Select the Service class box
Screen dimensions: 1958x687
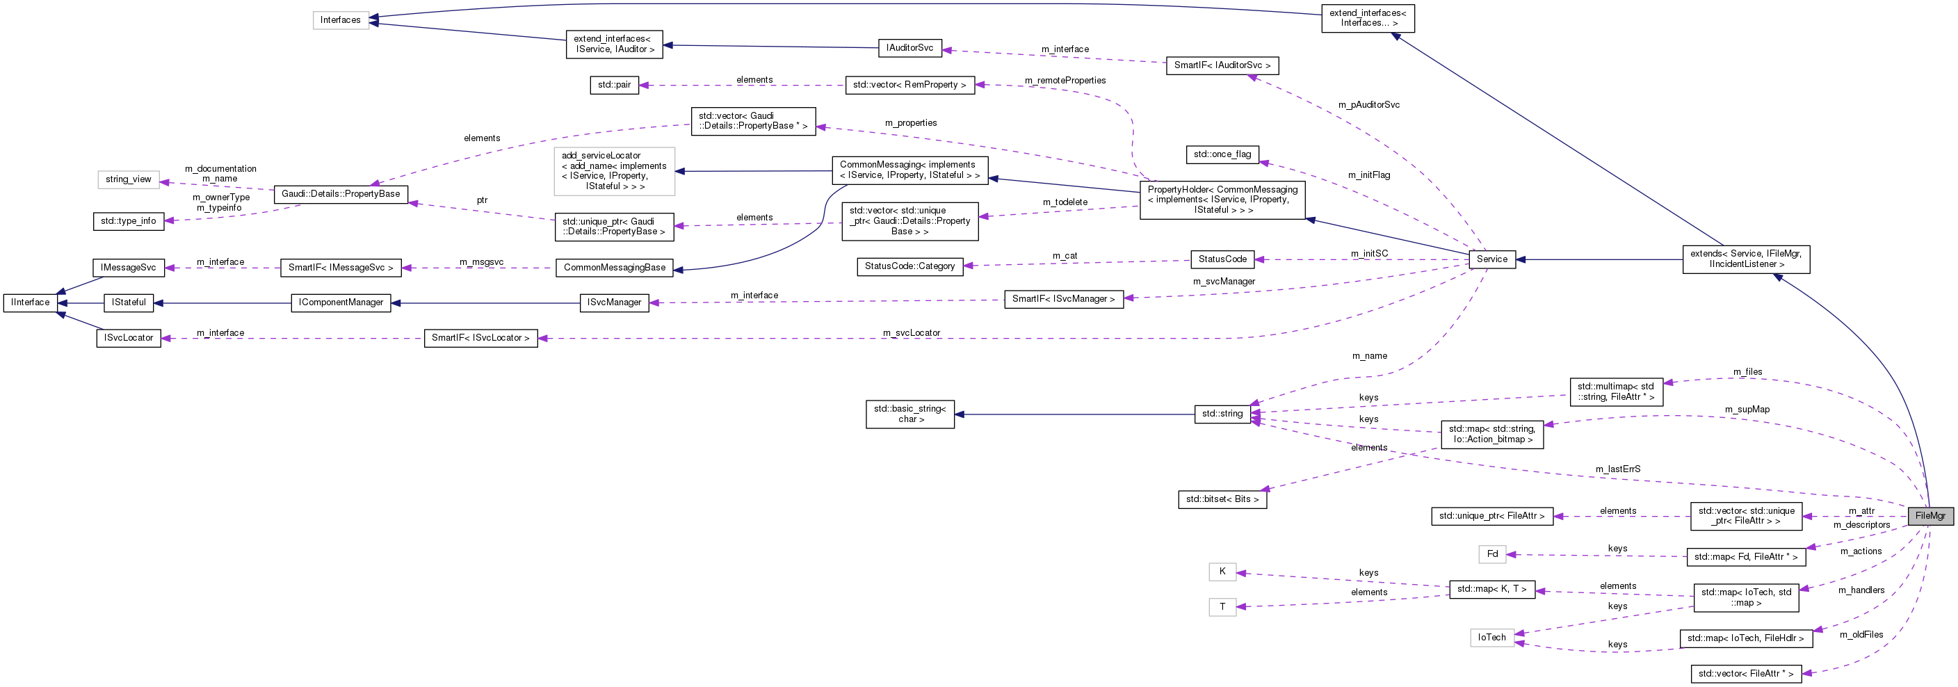coord(1491,259)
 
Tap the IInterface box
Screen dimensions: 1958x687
coord(31,302)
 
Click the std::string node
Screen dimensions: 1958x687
coord(1222,414)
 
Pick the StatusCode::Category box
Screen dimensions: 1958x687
coord(909,267)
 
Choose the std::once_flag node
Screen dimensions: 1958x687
coord(1222,154)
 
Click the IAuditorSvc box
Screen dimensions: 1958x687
coord(909,48)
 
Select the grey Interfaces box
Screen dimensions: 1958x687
coord(341,19)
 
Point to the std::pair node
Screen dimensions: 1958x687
coord(613,85)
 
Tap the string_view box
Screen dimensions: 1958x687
coord(129,179)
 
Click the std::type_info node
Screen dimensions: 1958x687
coord(129,221)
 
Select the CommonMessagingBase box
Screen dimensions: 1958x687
coord(614,268)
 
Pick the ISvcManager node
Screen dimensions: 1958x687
coord(614,302)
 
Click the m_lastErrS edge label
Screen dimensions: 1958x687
coord(1617,469)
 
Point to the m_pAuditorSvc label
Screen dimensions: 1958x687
coord(1368,105)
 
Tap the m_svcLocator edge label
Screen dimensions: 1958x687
coord(912,333)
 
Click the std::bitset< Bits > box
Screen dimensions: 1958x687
coord(1222,499)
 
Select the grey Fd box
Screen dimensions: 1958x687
coord(1492,554)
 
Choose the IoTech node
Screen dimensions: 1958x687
coord(1491,638)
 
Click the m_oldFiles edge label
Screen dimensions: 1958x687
coord(1861,635)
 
